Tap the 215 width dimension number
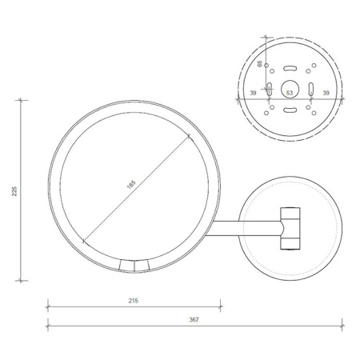[x=134, y=301]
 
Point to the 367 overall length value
[x=194, y=320]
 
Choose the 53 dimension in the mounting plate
[x=290, y=94]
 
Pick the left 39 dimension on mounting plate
[x=255, y=94]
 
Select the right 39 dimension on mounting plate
[x=325, y=94]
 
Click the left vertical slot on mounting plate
[x=270, y=88]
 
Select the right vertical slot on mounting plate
[x=310, y=88]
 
